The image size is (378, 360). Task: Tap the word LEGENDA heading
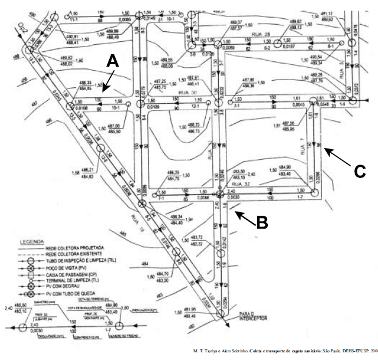click(x=32, y=242)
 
